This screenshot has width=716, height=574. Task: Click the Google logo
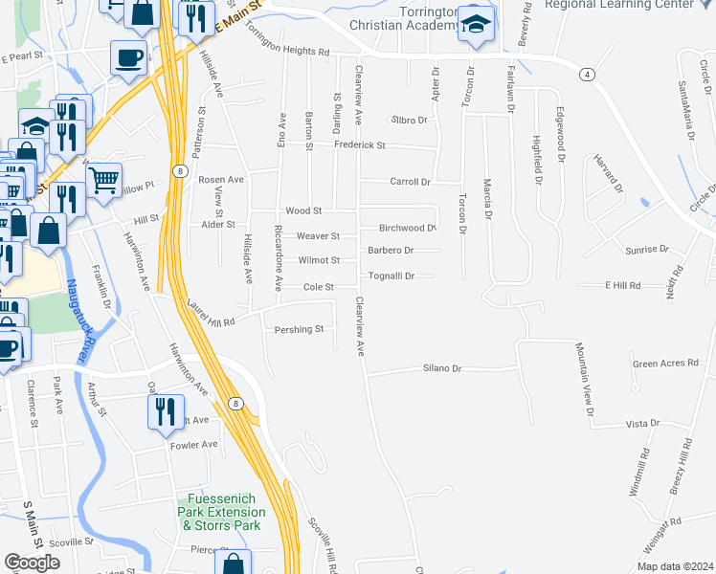(x=32, y=563)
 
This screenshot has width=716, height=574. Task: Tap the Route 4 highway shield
(x=586, y=74)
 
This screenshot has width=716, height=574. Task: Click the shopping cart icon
(x=103, y=178)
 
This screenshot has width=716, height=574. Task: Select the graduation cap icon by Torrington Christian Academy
(x=475, y=25)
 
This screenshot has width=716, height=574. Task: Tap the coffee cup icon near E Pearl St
(x=127, y=57)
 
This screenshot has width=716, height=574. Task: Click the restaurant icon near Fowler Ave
(x=165, y=410)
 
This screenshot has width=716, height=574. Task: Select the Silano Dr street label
(x=442, y=368)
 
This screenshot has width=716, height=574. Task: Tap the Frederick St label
(x=359, y=145)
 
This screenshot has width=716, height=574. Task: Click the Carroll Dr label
(x=411, y=182)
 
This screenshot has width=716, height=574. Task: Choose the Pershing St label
(x=300, y=329)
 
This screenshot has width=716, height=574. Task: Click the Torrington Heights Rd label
(x=287, y=39)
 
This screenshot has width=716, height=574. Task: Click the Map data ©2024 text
(x=674, y=566)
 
